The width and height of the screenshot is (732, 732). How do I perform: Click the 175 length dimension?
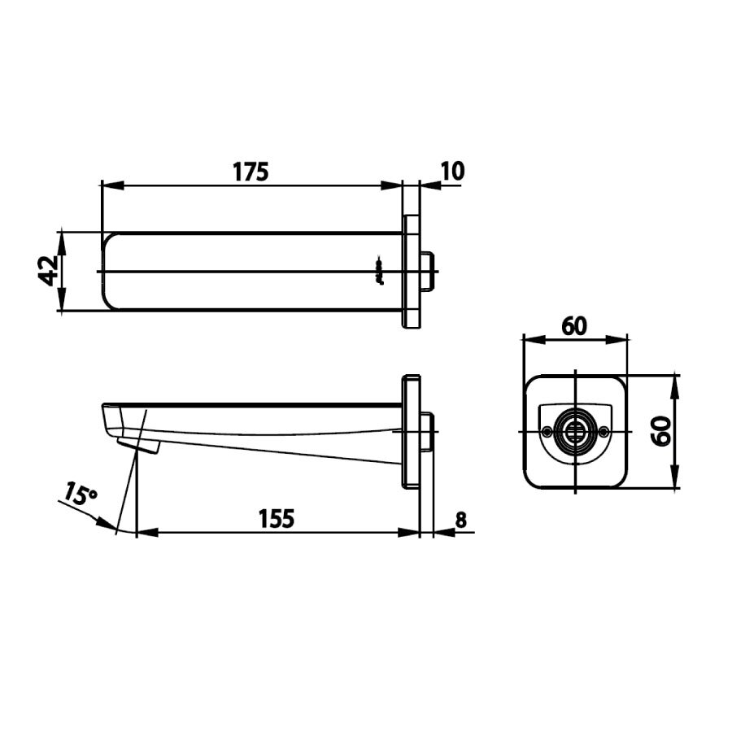(x=251, y=172)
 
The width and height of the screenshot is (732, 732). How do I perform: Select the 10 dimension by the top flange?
(x=452, y=171)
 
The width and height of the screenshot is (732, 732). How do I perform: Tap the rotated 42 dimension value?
(x=48, y=270)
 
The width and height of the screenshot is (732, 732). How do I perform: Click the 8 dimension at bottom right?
(x=461, y=520)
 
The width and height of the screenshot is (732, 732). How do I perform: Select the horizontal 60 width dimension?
(x=573, y=325)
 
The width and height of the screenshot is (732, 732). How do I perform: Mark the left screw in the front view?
(x=546, y=431)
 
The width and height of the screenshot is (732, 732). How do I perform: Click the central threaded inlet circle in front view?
(x=574, y=431)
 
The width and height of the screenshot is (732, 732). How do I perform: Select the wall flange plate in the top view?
(x=412, y=271)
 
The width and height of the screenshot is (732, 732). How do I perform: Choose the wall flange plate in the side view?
(x=412, y=431)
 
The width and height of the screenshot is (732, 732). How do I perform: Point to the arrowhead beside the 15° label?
(x=107, y=521)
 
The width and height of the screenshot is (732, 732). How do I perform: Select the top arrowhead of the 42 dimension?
(x=61, y=237)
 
